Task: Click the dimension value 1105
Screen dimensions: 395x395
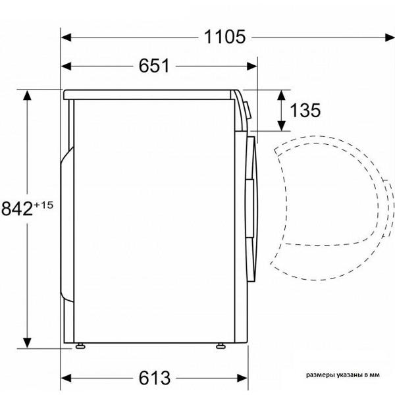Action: pyautogui.click(x=224, y=37)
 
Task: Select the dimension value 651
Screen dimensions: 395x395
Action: pyautogui.click(x=154, y=66)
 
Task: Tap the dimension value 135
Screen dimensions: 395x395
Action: pyautogui.click(x=305, y=111)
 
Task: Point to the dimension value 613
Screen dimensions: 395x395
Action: pyautogui.click(x=155, y=378)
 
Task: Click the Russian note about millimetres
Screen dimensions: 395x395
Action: pyautogui.click(x=342, y=375)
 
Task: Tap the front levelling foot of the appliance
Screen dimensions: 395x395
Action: pyautogui.click(x=221, y=346)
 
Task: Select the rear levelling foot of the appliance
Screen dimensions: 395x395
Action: pyautogui.click(x=80, y=346)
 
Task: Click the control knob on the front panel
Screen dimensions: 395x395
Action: pyautogui.click(x=248, y=111)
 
